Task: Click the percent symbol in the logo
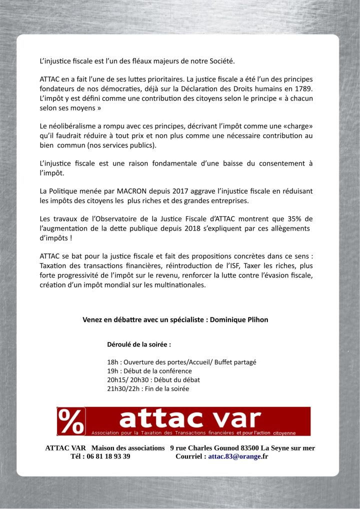(x=71, y=421)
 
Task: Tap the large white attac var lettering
(x=190, y=417)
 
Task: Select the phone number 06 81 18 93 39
(x=108, y=456)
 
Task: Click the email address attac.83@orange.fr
(x=238, y=456)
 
